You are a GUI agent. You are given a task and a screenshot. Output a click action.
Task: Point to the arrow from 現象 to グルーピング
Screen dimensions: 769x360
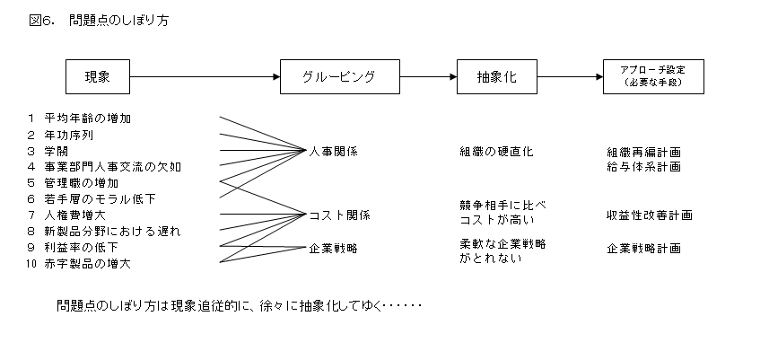click(x=205, y=76)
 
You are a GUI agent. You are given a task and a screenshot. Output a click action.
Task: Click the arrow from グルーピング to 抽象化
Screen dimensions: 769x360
click(x=429, y=76)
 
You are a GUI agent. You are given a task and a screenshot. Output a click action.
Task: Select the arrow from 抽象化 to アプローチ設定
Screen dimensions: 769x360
click(x=571, y=76)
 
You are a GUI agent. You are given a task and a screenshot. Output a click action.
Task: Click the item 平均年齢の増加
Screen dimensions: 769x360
click(x=88, y=119)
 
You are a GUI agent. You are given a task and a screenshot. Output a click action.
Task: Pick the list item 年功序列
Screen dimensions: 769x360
click(x=69, y=135)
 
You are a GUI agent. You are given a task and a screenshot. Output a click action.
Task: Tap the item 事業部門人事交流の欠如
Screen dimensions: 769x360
click(x=112, y=167)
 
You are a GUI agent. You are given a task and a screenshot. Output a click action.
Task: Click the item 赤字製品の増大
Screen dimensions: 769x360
click(x=88, y=264)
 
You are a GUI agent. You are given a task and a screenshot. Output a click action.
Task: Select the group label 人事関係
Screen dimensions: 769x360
click(x=334, y=152)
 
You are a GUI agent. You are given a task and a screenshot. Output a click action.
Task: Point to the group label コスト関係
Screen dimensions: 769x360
click(x=339, y=215)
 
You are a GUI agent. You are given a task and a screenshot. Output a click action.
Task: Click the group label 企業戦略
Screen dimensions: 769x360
click(x=334, y=249)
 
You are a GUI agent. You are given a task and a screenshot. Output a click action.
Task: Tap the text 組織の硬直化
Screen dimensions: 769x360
click(x=496, y=152)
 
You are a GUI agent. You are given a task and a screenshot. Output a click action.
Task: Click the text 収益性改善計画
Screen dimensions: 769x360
click(x=650, y=215)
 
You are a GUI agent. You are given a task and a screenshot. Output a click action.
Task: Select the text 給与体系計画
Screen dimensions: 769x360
click(x=644, y=167)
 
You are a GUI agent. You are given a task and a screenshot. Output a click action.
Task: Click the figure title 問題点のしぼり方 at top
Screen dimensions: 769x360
click(x=118, y=20)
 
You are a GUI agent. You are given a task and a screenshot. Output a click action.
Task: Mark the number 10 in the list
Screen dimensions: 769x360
click(x=31, y=264)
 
